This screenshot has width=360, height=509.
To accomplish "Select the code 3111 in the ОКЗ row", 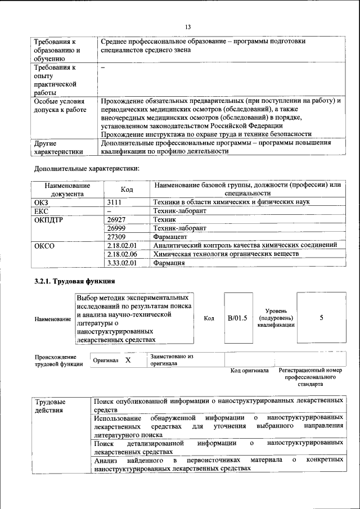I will click(x=115, y=202).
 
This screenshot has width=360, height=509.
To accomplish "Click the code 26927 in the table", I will click(x=116, y=219).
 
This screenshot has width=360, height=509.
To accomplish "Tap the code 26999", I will click(x=116, y=228).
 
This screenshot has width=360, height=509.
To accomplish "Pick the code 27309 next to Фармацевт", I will click(x=116, y=237).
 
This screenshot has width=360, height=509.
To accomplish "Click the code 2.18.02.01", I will click(x=122, y=246).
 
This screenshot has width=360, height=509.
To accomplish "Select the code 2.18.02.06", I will click(x=122, y=254).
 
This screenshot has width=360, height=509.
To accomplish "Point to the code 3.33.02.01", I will click(x=122, y=263).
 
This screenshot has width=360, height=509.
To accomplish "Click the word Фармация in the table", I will click(x=169, y=263).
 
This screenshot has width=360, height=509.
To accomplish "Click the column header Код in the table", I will click(x=127, y=190).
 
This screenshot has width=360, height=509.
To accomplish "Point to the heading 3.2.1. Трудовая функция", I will click(x=75, y=281).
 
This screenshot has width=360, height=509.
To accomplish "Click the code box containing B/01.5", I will click(x=237, y=318).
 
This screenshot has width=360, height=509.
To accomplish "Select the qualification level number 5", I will click(x=321, y=318).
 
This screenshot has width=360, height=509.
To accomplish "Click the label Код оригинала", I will click(x=250, y=371).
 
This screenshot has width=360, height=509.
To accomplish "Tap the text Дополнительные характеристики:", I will click(x=87, y=168).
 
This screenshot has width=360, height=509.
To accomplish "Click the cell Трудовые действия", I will click(x=50, y=406).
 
